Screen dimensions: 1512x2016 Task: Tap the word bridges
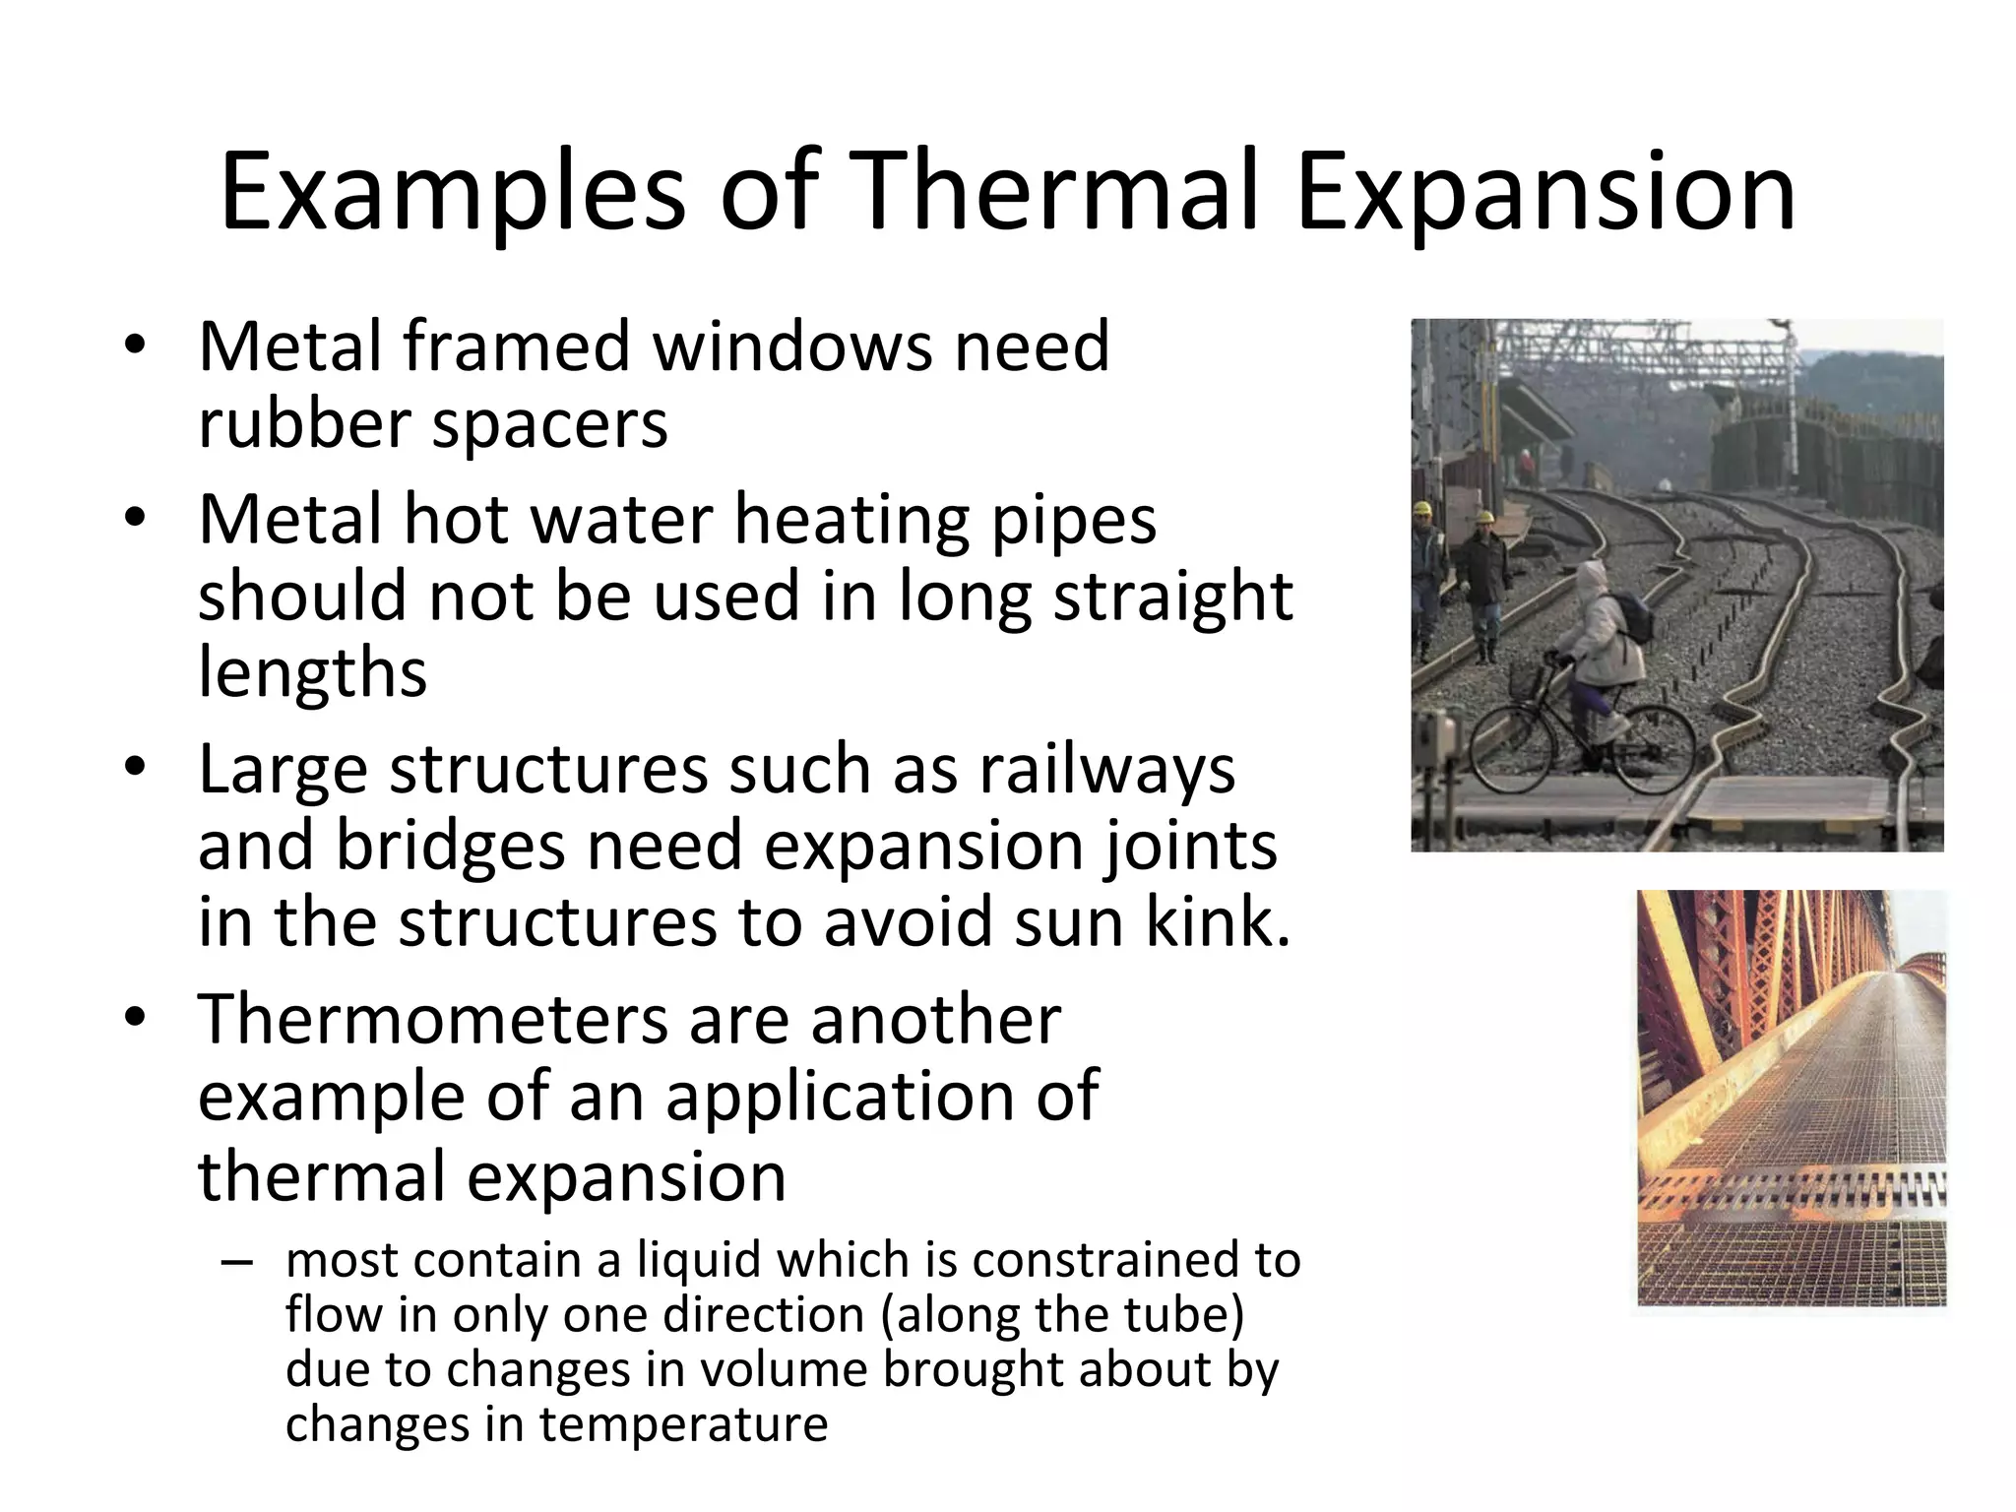(450, 846)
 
